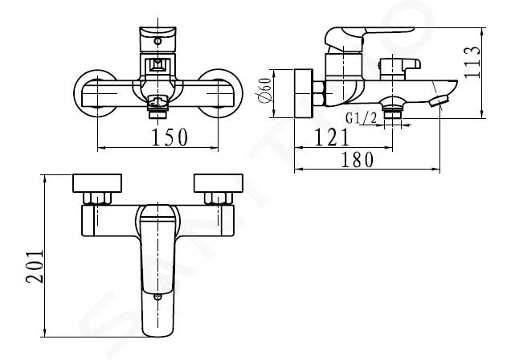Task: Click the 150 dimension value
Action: [x=170, y=137]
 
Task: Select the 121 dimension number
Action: [x=331, y=137]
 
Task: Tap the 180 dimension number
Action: [x=358, y=160]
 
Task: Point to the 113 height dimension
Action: [x=472, y=62]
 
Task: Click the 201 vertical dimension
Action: [x=35, y=267]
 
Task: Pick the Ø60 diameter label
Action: [x=264, y=89]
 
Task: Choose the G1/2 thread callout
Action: [x=362, y=117]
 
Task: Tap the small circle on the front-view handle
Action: [x=158, y=42]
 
